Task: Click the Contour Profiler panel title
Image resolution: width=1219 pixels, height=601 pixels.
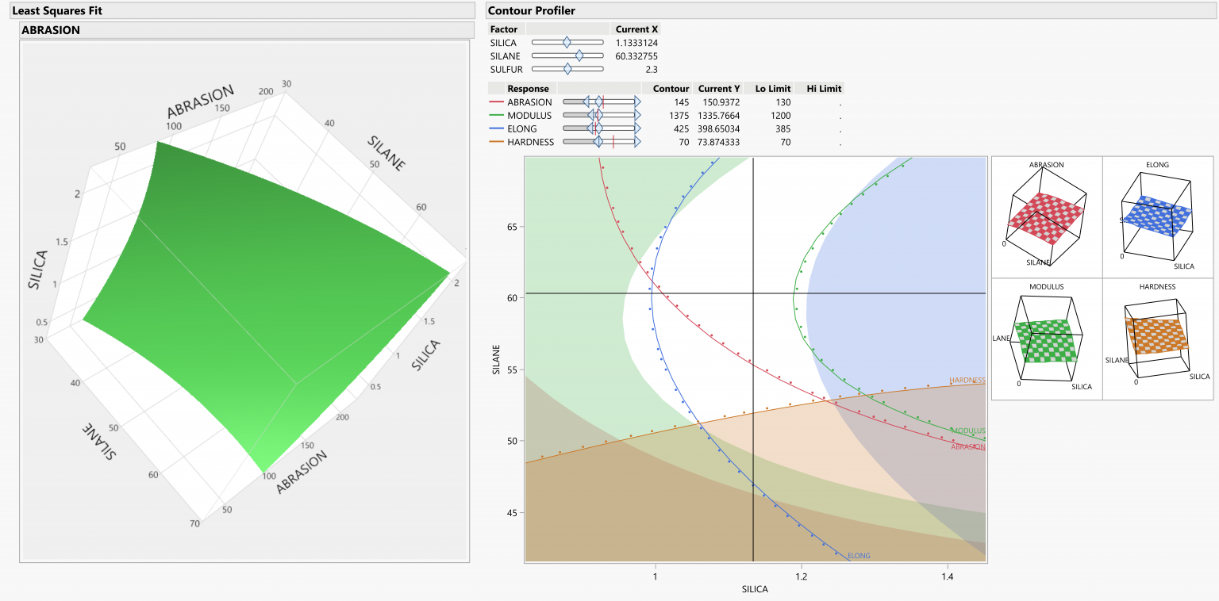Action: [x=531, y=11]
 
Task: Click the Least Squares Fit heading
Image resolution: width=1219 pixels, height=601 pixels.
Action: [x=56, y=11]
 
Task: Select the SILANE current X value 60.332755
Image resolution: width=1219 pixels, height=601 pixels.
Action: [x=636, y=56]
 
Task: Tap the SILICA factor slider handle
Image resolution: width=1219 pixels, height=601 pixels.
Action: [x=566, y=43]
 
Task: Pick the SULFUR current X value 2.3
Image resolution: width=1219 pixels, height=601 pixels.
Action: [x=651, y=70]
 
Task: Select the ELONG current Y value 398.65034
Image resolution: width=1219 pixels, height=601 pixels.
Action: [x=719, y=129]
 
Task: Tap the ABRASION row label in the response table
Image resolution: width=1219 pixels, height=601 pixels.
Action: [x=529, y=102]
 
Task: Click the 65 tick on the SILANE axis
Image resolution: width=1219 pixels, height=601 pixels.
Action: [x=513, y=227]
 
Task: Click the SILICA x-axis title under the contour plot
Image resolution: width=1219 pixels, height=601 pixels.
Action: [x=755, y=590]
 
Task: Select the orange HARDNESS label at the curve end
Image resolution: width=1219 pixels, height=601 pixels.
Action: [x=967, y=381]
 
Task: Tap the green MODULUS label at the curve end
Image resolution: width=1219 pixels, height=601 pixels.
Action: [x=967, y=431]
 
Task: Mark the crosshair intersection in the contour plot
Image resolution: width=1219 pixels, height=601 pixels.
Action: [x=753, y=294]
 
